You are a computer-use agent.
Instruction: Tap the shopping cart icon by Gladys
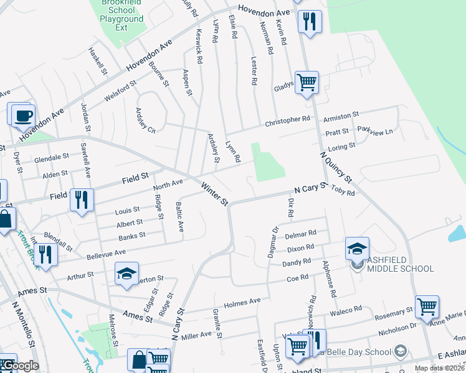coord(307,81)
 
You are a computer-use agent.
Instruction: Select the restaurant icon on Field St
coord(82,200)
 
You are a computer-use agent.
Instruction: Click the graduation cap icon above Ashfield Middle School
coord(358,249)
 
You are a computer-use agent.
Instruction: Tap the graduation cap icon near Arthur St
coord(126,274)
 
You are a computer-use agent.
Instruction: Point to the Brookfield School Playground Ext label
coord(121,14)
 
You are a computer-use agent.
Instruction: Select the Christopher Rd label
coord(287,119)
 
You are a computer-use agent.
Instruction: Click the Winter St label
coord(216,194)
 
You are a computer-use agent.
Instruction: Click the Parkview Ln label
coord(375,131)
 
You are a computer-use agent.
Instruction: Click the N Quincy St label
coord(336,167)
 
